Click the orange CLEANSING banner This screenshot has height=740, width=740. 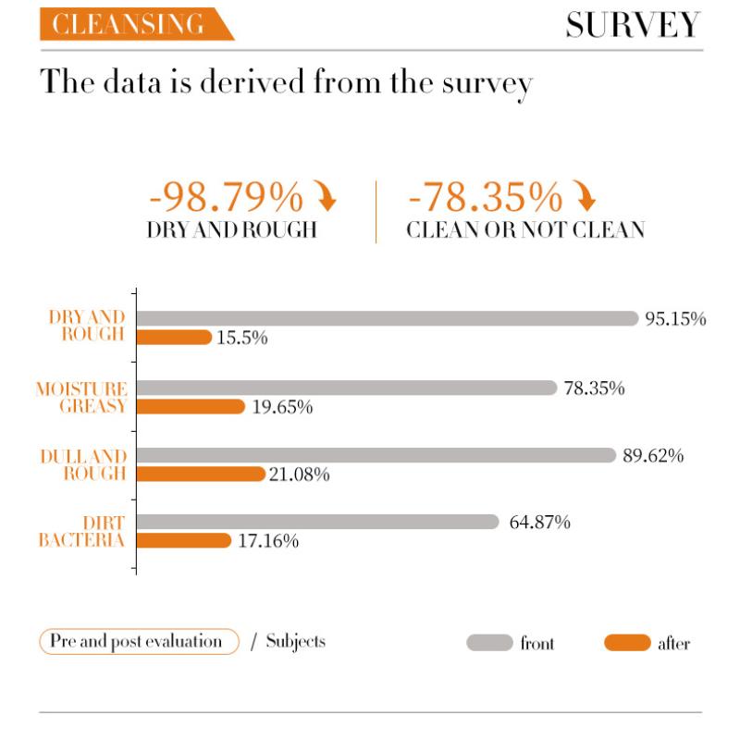pos(129,25)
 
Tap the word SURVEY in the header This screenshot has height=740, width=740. pos(633,25)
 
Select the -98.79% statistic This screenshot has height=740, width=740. pos(226,197)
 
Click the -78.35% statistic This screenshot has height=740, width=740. pos(485,197)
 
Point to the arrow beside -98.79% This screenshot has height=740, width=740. pos(327,197)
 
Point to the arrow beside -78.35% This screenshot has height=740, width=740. pos(585,197)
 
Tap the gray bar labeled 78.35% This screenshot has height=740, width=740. pos(347,388)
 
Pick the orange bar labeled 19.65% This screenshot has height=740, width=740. pos(191,407)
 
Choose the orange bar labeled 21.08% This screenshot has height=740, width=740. pos(201,475)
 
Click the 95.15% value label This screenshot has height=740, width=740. pos(676,319)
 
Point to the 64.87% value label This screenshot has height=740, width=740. pos(540,523)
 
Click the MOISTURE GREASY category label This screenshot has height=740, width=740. pos(81,397)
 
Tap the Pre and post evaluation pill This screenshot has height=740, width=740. pos(139,641)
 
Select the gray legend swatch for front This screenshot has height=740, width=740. pos(489,643)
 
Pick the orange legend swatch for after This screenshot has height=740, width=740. pos(627,643)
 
